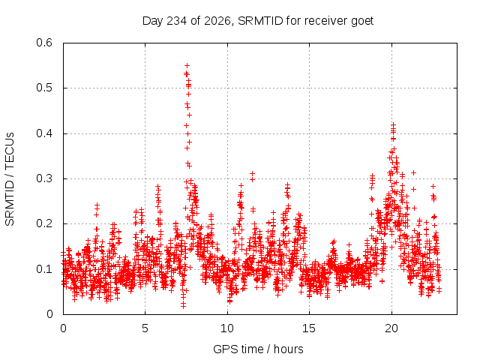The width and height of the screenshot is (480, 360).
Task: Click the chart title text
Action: [258, 21]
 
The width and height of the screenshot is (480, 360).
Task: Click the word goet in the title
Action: [362, 21]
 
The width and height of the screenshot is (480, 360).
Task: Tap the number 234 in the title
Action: [177, 21]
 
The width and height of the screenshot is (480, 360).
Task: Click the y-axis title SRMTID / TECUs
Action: [10, 179]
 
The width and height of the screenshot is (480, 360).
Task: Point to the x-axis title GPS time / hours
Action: [258, 349]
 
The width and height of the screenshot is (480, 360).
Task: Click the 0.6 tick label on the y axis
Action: [44, 43]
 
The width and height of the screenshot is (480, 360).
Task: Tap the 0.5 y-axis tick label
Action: [44, 88]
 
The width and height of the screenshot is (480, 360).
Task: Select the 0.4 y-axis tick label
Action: [44, 133]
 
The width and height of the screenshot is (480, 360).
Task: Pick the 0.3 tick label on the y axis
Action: [44, 178]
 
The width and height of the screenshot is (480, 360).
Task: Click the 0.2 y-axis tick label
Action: [44, 223]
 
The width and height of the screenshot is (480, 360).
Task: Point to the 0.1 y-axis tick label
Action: [44, 269]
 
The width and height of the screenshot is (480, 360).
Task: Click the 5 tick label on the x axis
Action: [145, 328]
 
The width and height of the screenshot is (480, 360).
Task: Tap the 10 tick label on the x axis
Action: [226, 328]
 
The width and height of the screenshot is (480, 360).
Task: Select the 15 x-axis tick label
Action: [309, 328]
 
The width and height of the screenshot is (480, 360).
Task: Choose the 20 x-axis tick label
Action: [391, 328]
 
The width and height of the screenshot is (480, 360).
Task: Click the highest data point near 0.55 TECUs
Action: [187, 65]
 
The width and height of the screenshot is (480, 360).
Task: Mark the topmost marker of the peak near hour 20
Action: [393, 124]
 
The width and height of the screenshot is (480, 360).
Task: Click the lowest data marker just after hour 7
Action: [183, 305]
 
